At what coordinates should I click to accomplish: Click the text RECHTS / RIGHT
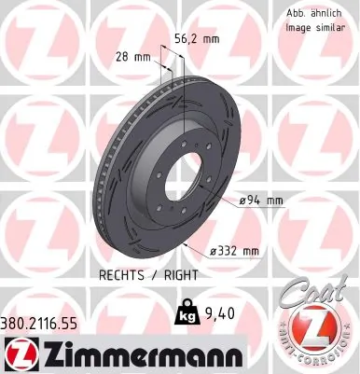[x=141, y=277]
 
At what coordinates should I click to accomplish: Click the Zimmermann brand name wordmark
[x=137, y=353]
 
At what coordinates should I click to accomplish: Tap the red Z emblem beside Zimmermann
[x=19, y=353]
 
